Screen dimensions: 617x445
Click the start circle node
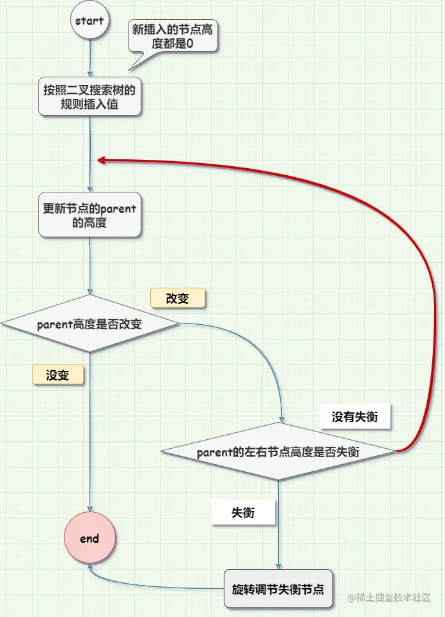[90, 21]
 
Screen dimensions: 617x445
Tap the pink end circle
[90, 538]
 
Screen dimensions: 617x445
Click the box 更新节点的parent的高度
[90, 215]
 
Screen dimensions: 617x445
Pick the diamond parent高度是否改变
[90, 324]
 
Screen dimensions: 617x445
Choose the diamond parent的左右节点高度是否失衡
[278, 452]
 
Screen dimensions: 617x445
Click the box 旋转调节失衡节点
[278, 588]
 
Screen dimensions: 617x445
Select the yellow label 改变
[178, 298]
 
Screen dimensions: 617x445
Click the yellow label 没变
[58, 375]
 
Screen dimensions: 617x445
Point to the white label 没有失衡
[355, 417]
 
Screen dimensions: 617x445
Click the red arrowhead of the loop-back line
[101, 160]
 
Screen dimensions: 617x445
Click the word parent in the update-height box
[119, 208]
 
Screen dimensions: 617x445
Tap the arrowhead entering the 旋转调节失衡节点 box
[278, 565]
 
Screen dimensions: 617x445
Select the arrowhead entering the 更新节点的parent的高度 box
[90, 189]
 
